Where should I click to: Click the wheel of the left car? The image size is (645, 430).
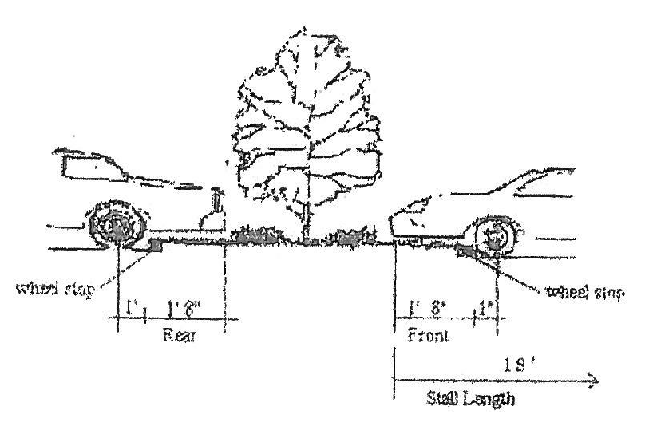point(117,225)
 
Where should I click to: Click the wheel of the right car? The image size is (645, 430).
point(496,235)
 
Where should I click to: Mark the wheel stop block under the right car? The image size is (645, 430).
point(465,252)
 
